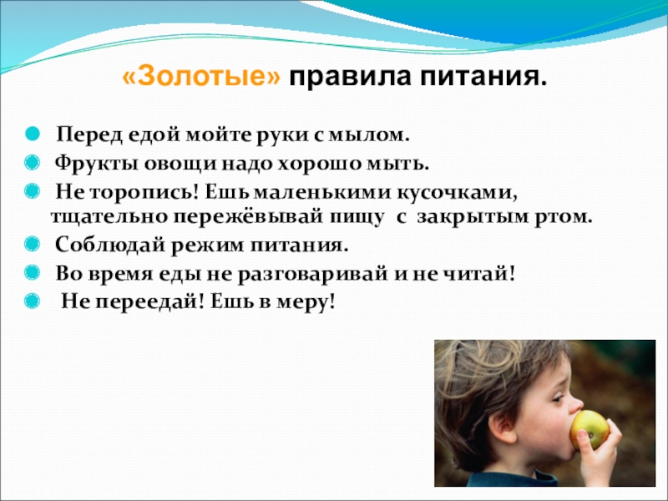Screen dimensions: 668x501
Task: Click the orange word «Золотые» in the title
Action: pyautogui.click(x=202, y=77)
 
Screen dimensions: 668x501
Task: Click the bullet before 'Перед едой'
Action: pyautogui.click(x=33, y=134)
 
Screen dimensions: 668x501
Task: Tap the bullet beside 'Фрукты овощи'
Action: pyautogui.click(x=33, y=163)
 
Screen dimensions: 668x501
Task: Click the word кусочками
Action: pyautogui.click(x=457, y=193)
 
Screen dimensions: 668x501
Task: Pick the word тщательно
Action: pyautogui.click(x=110, y=217)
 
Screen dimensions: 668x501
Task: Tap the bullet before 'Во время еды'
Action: pyautogui.click(x=33, y=273)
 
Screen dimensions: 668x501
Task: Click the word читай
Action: pyautogui.click(x=480, y=274)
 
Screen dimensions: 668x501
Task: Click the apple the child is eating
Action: pyautogui.click(x=590, y=430)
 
